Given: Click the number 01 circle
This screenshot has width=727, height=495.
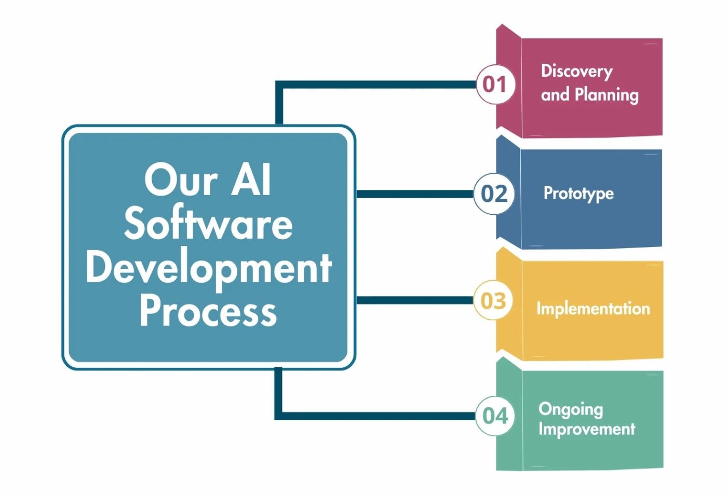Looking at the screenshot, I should (x=495, y=84).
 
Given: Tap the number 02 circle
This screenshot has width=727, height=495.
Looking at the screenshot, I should (x=494, y=194).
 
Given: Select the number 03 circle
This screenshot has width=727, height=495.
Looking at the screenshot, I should (x=493, y=300).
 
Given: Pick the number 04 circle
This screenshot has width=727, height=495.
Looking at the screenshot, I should (x=495, y=416).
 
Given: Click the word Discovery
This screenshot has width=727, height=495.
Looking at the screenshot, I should (x=576, y=71).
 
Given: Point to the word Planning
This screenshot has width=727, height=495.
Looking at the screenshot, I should (x=607, y=95).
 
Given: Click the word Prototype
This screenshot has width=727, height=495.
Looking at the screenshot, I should (x=578, y=194).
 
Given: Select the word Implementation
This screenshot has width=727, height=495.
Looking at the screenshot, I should (x=593, y=309).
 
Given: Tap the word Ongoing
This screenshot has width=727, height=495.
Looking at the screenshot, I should (x=571, y=409).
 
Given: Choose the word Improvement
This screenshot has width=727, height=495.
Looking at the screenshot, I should (x=587, y=429).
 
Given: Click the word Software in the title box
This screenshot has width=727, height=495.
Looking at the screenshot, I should (x=208, y=224).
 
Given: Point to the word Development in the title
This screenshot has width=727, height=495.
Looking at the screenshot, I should (x=209, y=268).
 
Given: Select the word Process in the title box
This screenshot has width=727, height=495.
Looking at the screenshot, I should (x=208, y=311).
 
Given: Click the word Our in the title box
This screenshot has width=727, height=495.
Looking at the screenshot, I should (x=181, y=180).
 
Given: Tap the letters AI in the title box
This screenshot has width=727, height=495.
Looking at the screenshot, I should (x=251, y=180).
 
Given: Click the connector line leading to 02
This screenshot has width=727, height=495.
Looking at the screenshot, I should (x=414, y=194).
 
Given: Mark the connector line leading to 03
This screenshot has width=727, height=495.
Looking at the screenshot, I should (x=414, y=300).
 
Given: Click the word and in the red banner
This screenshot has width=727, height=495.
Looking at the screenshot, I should (x=555, y=94).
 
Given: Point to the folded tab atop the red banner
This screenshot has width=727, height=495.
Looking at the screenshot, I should (x=508, y=32).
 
